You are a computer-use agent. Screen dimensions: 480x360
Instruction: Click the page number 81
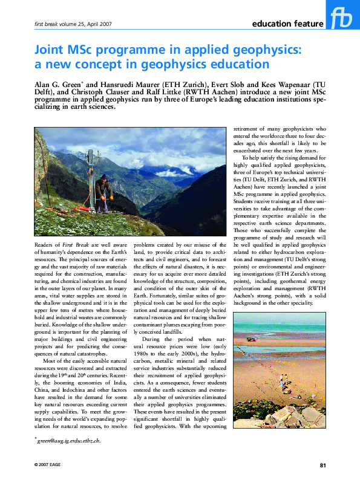click(323, 464)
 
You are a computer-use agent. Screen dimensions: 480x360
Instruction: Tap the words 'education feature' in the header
click(287, 24)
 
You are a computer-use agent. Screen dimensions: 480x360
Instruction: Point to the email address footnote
click(68, 441)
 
